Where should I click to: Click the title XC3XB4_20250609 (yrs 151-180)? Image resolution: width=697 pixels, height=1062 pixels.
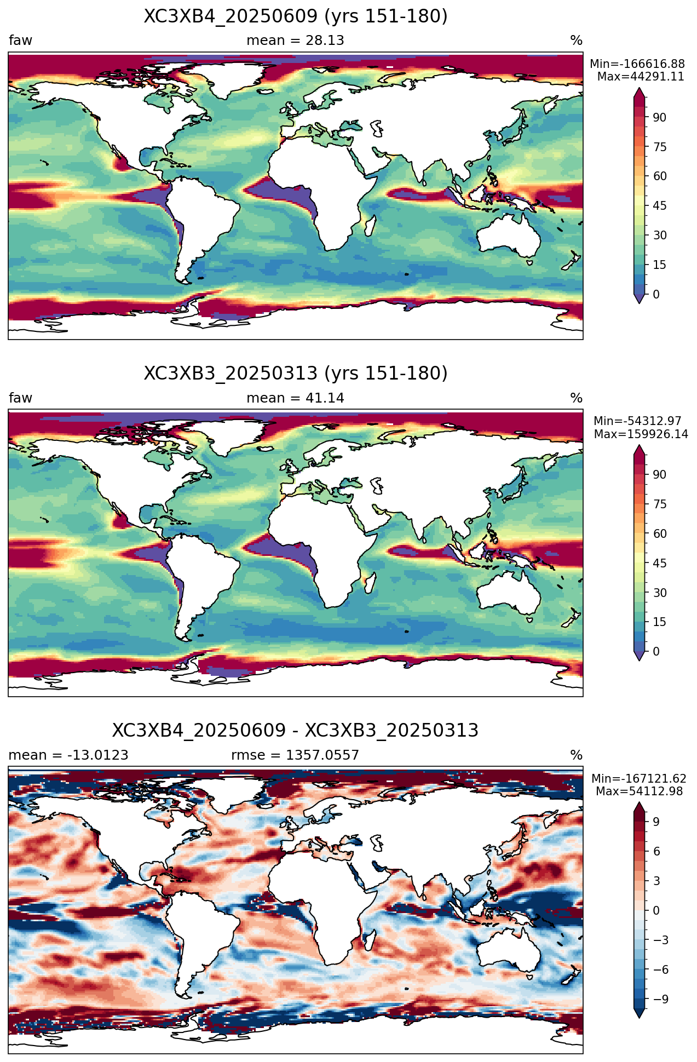point(296,16)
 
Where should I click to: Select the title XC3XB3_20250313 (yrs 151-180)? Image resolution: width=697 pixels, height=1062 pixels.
point(296,374)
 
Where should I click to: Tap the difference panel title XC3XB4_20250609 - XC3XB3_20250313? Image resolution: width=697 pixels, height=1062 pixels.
point(296,731)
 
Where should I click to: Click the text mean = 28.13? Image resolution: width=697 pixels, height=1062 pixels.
point(295,41)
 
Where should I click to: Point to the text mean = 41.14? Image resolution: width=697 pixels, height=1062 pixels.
point(295,398)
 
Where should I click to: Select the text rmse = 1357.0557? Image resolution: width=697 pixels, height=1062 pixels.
point(295,755)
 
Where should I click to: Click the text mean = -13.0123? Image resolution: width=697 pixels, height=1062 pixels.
point(68,755)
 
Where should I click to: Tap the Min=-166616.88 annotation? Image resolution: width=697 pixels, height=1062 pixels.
point(637,65)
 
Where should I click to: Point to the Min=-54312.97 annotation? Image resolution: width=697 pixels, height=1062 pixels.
point(637,421)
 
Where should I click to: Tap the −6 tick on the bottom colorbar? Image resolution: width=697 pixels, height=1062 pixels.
point(656,969)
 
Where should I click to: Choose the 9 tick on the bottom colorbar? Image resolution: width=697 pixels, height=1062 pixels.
point(656,822)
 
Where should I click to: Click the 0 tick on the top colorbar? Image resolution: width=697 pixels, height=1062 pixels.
point(656,294)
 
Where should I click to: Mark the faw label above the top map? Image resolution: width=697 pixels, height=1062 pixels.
point(20,41)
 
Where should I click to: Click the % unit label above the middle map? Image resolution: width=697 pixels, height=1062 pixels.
point(576,398)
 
